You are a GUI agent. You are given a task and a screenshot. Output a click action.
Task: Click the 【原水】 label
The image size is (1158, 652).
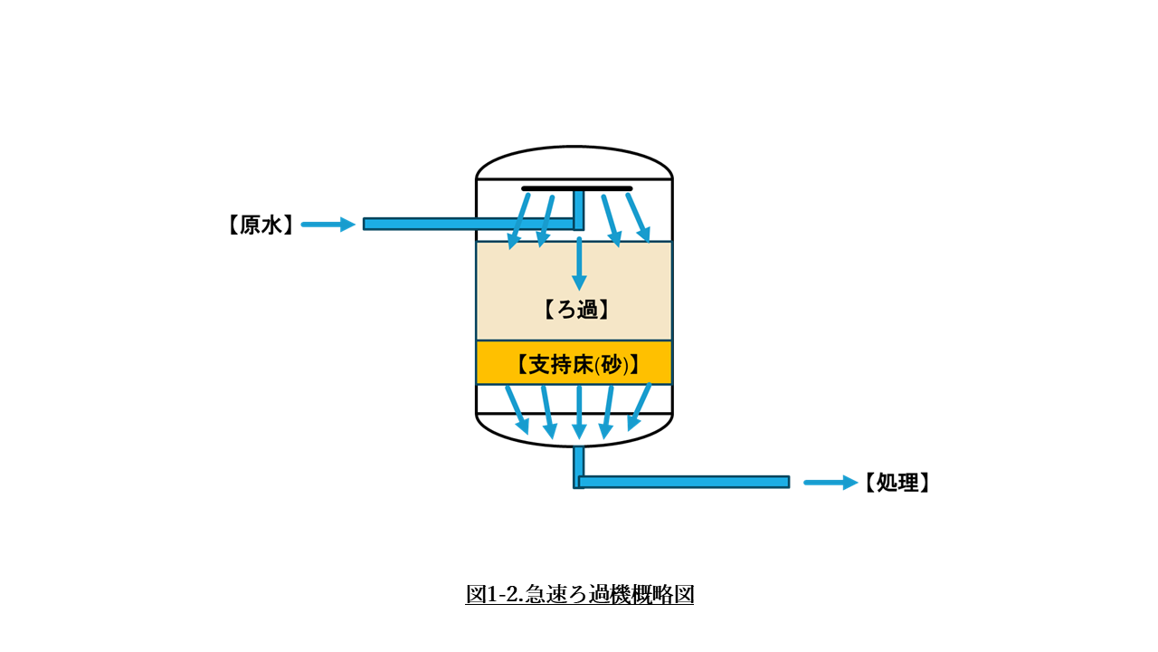[261, 225]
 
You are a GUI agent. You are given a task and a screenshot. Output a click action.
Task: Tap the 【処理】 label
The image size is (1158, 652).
[897, 483]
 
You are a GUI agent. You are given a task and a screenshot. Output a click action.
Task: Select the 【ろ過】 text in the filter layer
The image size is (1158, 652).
[576, 310]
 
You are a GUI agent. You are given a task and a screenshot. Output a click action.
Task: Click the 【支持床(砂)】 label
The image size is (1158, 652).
[578, 364]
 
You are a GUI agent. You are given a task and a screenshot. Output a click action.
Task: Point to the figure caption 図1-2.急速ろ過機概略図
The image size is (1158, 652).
[579, 594]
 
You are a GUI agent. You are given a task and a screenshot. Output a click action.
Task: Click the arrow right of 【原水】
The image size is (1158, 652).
[328, 225]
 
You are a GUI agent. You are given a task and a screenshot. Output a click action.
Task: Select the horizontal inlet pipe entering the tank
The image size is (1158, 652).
[452, 224]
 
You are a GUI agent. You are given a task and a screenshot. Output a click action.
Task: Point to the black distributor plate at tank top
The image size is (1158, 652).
[576, 188]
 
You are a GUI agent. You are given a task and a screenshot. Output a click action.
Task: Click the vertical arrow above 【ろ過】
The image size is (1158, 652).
[579, 264]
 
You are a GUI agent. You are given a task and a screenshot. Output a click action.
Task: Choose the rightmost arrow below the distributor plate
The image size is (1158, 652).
[639, 218]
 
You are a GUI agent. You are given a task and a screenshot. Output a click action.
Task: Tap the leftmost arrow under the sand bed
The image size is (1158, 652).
[517, 409]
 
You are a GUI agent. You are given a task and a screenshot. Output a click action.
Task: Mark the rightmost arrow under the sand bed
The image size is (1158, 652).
[641, 407]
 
